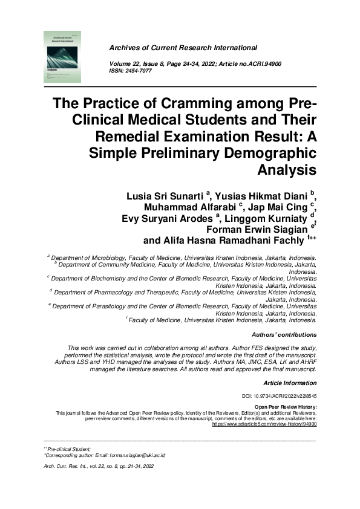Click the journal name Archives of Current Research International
183,48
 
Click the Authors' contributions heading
283,334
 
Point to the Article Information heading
290,383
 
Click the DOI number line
284,395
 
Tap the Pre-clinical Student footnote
68,449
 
